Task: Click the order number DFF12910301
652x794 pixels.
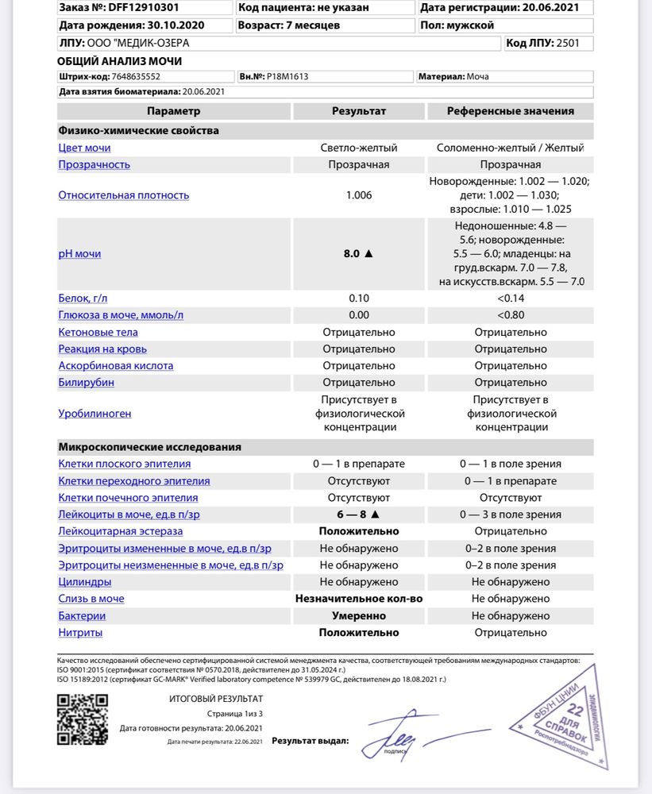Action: click(x=145, y=8)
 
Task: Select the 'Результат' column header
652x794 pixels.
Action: click(x=359, y=111)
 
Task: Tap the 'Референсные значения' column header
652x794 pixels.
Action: click(x=510, y=111)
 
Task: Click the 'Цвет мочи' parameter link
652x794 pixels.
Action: click(x=84, y=148)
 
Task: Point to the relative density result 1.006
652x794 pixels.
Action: click(x=359, y=195)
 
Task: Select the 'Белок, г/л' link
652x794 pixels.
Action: click(x=83, y=299)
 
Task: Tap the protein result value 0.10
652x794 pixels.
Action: click(x=359, y=299)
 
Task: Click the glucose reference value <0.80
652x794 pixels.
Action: click(x=510, y=315)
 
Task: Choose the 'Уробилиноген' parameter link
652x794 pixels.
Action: click(x=95, y=414)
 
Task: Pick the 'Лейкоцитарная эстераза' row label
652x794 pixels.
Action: click(x=120, y=531)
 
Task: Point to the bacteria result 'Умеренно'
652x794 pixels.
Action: click(x=359, y=616)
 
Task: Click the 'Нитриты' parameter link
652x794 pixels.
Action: click(x=80, y=633)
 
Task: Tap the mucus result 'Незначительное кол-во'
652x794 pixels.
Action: click(x=359, y=599)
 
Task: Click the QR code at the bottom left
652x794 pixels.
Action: click(x=83, y=719)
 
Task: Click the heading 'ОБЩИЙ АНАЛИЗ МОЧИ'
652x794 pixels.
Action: click(x=119, y=61)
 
